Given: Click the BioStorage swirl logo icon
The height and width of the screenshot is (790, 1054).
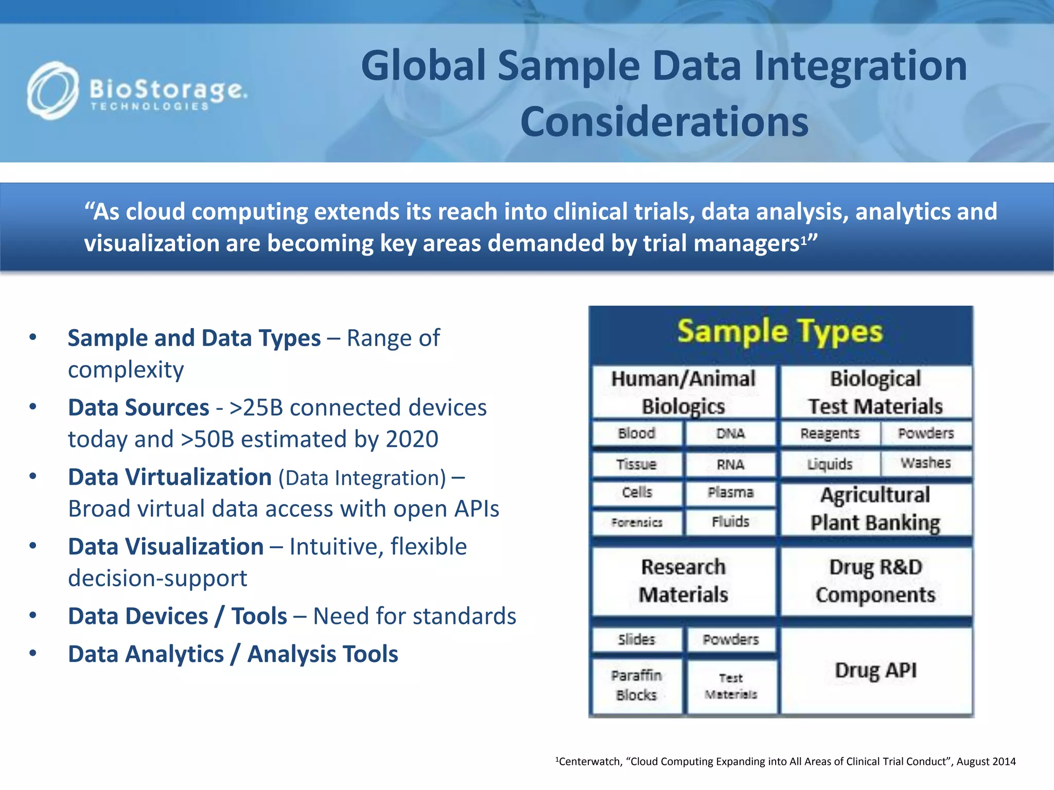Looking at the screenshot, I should click(52, 91).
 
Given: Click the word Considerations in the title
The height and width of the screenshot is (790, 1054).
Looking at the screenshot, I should click(664, 122).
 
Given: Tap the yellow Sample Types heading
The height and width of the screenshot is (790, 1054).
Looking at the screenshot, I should click(780, 332).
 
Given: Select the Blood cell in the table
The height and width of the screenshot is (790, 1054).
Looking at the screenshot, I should click(637, 434).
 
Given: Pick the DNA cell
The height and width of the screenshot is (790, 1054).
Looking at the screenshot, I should click(730, 434).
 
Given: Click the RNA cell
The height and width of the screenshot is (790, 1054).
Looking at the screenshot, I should click(730, 465).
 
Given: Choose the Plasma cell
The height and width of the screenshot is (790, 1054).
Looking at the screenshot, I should click(730, 493).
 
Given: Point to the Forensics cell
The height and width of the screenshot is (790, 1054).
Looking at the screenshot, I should click(637, 523).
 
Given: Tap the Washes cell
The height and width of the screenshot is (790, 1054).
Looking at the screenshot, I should click(925, 463).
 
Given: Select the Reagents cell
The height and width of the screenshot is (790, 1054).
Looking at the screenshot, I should click(830, 434).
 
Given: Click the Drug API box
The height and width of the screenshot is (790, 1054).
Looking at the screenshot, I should click(875, 671).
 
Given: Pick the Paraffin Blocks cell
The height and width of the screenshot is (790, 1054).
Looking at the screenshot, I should click(637, 686).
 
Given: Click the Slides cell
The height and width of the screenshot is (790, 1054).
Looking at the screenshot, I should click(637, 640).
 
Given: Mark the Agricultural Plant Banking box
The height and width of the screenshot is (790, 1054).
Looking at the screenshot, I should click(875, 509).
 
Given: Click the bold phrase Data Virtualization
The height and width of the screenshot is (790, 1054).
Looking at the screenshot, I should click(170, 477).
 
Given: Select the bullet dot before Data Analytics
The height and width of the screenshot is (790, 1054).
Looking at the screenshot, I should click(33, 654).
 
